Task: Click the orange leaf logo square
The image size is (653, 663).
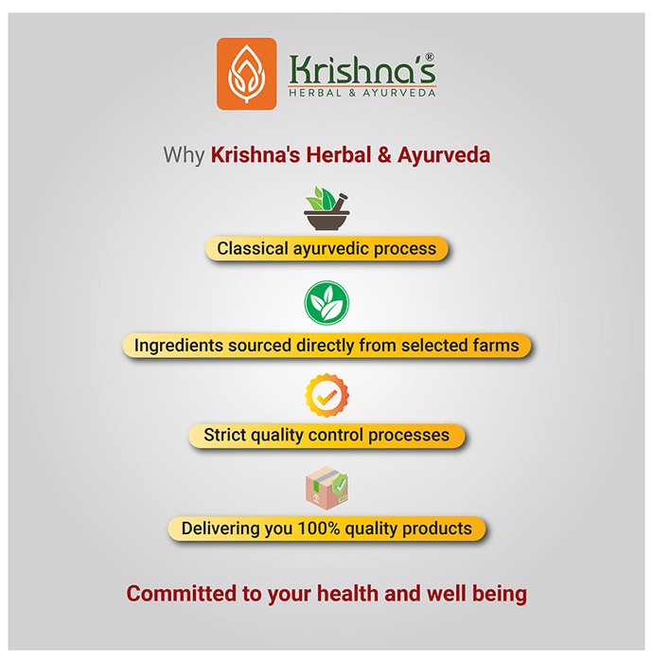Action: tap(247, 74)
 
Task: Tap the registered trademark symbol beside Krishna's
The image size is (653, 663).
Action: tap(429, 57)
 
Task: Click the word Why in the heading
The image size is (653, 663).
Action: tap(184, 155)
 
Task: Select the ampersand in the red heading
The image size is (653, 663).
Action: tap(384, 154)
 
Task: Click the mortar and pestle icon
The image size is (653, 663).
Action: tap(326, 208)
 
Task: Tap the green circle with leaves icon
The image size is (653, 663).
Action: tap(326, 303)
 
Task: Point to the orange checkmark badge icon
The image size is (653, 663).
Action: tap(326, 395)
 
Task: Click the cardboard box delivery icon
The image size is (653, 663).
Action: tap(326, 486)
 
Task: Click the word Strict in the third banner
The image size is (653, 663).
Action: tap(224, 435)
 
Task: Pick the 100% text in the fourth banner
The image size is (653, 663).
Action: tap(319, 529)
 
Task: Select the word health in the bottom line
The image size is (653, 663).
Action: tap(348, 593)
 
